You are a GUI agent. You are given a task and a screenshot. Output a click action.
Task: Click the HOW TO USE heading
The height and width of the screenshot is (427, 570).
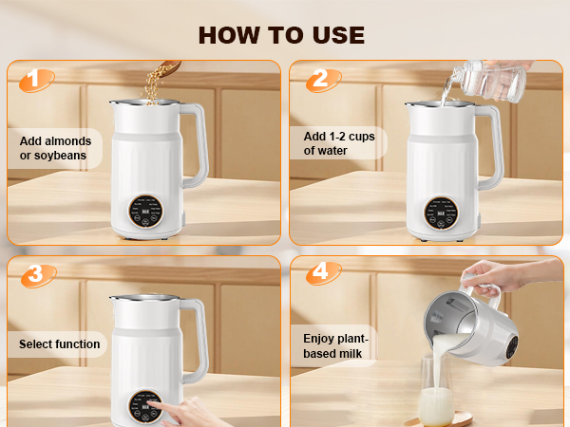pos(281,35)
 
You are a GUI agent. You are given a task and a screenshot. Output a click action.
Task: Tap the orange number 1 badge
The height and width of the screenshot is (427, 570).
pos(35,80)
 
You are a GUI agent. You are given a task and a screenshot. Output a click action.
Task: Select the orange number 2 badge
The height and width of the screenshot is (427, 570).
pos(318,80)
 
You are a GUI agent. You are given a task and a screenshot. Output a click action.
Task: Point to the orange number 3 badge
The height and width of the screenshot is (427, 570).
pos(35,274)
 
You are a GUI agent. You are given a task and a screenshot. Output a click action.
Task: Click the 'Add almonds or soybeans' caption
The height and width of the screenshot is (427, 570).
pos(54,148)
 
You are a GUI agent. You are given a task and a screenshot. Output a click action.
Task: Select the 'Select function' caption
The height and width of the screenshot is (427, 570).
pos(59,344)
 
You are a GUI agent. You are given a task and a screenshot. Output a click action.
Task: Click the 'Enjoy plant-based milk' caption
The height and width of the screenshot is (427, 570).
pos(334,345)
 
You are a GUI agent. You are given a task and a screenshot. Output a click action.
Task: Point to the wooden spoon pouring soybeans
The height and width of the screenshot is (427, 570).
pos(168,68)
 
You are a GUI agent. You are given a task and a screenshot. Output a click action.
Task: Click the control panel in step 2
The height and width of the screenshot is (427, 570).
pos(438,212)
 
